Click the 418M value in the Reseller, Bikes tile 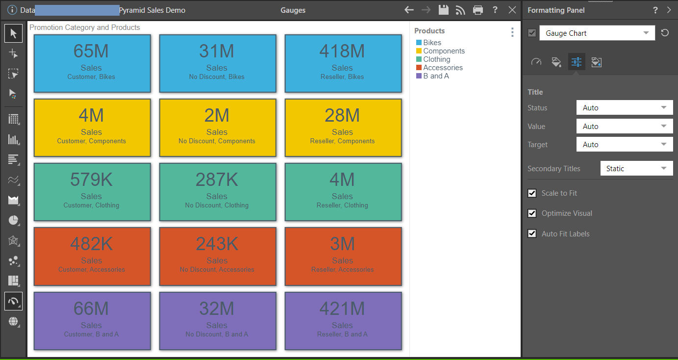point(342,51)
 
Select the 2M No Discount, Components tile point(218,128)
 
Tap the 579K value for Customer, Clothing point(91,180)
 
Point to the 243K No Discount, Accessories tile point(218,257)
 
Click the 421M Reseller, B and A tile point(343,321)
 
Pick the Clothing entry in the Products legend point(436,59)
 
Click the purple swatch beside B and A point(419,76)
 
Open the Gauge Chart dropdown point(597,33)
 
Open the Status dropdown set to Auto point(624,108)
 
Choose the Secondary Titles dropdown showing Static point(636,168)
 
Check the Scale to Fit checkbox point(532,193)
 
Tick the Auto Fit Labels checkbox point(532,233)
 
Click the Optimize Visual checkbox point(532,213)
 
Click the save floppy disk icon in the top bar point(444,10)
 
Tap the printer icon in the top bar point(478,10)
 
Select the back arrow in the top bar point(409,10)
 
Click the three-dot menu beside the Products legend point(512,32)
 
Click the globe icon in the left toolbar point(13,322)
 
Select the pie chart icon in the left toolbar point(13,220)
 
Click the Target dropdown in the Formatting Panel point(624,144)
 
